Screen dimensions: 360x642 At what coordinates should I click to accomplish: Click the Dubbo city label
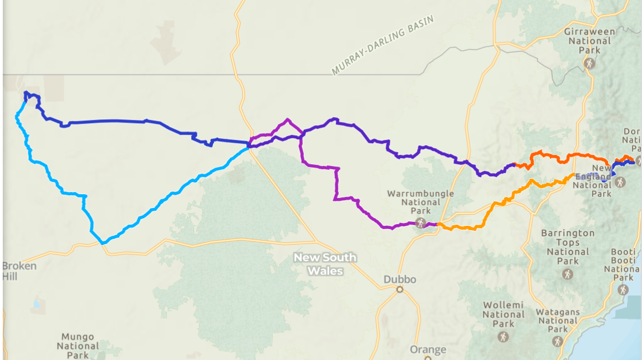(x=399, y=280)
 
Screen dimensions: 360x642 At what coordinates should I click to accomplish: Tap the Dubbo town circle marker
(x=399, y=290)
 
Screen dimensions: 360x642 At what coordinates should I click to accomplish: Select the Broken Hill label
(x=19, y=271)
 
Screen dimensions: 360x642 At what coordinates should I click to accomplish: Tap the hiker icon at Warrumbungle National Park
(x=421, y=222)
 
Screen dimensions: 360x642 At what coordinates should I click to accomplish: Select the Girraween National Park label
(x=589, y=40)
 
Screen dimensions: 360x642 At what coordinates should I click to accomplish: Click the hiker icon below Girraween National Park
(x=589, y=63)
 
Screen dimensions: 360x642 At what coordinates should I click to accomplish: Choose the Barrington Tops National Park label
(x=568, y=247)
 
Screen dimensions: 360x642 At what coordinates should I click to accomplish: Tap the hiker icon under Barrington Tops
(x=568, y=273)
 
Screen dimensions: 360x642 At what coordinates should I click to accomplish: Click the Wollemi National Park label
(x=503, y=315)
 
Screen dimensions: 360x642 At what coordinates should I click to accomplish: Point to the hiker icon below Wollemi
(x=503, y=337)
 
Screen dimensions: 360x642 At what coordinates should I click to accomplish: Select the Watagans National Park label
(x=558, y=320)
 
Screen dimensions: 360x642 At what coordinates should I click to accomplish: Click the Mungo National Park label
(x=78, y=346)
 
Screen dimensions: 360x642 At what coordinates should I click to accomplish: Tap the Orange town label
(x=428, y=349)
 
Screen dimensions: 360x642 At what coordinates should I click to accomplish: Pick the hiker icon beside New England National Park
(x=620, y=181)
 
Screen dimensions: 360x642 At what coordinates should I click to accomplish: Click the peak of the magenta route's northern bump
(x=288, y=119)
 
